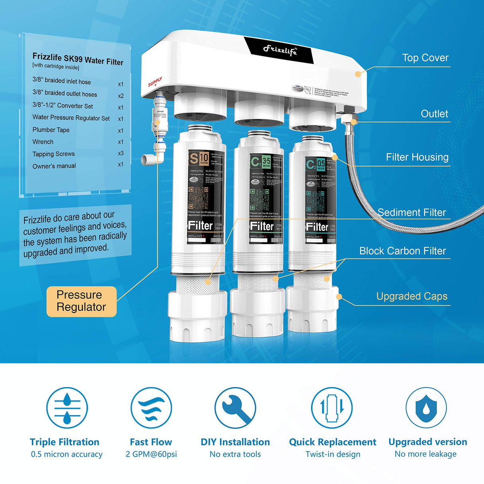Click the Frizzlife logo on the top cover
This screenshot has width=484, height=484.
[280, 50]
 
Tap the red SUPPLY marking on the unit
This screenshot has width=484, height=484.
[155, 82]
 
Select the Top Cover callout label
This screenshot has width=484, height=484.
[425, 58]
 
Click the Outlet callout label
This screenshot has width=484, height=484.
[434, 114]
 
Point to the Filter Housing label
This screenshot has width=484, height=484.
[417, 157]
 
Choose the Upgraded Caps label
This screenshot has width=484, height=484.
[411, 296]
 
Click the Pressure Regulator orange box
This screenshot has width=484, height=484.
[81, 301]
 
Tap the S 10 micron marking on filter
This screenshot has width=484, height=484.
[199, 159]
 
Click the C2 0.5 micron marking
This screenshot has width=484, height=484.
[316, 164]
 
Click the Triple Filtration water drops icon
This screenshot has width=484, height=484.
[67, 408]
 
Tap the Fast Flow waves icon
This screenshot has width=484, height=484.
[151, 408]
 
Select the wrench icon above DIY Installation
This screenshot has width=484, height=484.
[235, 408]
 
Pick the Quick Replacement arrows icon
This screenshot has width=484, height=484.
[332, 408]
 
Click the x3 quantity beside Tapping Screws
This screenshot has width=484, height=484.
[120, 153]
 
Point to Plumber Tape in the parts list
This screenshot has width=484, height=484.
[51, 130]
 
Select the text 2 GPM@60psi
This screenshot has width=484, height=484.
[151, 454]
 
